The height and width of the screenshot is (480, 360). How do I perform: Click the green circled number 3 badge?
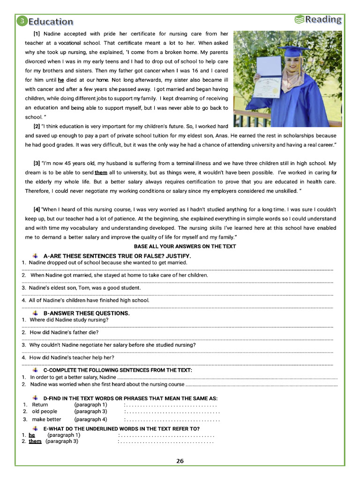point(22,21)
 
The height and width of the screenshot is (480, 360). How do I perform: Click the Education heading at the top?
point(51,22)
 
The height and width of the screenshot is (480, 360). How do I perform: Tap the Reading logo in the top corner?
point(318,19)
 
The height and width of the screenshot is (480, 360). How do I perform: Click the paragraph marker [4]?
point(37,209)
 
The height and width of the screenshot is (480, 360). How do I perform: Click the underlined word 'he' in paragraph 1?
point(61,80)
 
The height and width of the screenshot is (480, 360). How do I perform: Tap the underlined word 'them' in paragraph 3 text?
point(101,172)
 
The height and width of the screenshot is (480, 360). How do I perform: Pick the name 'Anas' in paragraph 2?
point(222,135)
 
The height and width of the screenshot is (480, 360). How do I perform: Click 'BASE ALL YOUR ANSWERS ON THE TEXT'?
point(185,246)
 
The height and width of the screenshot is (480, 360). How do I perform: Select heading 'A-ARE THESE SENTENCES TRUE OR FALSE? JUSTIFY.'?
point(117,256)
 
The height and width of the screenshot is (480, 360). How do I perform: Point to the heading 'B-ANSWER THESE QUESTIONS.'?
point(86,313)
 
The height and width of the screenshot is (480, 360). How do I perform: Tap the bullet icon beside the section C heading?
point(35,370)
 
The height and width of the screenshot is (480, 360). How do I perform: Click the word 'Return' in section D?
point(40,405)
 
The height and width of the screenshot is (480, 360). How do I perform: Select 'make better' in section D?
point(46,420)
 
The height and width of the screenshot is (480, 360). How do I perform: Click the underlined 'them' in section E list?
point(35,441)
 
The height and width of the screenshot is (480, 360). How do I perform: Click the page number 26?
point(180,461)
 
